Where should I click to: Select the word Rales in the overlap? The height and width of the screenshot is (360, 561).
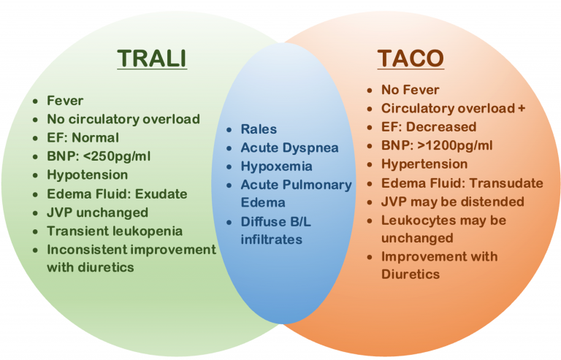point(259,129)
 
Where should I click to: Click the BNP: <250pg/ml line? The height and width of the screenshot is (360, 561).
point(105,156)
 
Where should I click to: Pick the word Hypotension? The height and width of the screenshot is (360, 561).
point(87,175)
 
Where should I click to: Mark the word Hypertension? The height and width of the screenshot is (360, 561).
point(424,164)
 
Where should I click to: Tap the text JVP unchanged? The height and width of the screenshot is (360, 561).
point(97,213)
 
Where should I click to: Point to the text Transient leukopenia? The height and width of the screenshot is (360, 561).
point(115,231)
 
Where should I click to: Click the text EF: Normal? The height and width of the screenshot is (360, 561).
point(83,137)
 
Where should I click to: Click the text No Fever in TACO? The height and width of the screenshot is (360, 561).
point(410,90)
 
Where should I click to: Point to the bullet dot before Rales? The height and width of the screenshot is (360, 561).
point(229,130)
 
